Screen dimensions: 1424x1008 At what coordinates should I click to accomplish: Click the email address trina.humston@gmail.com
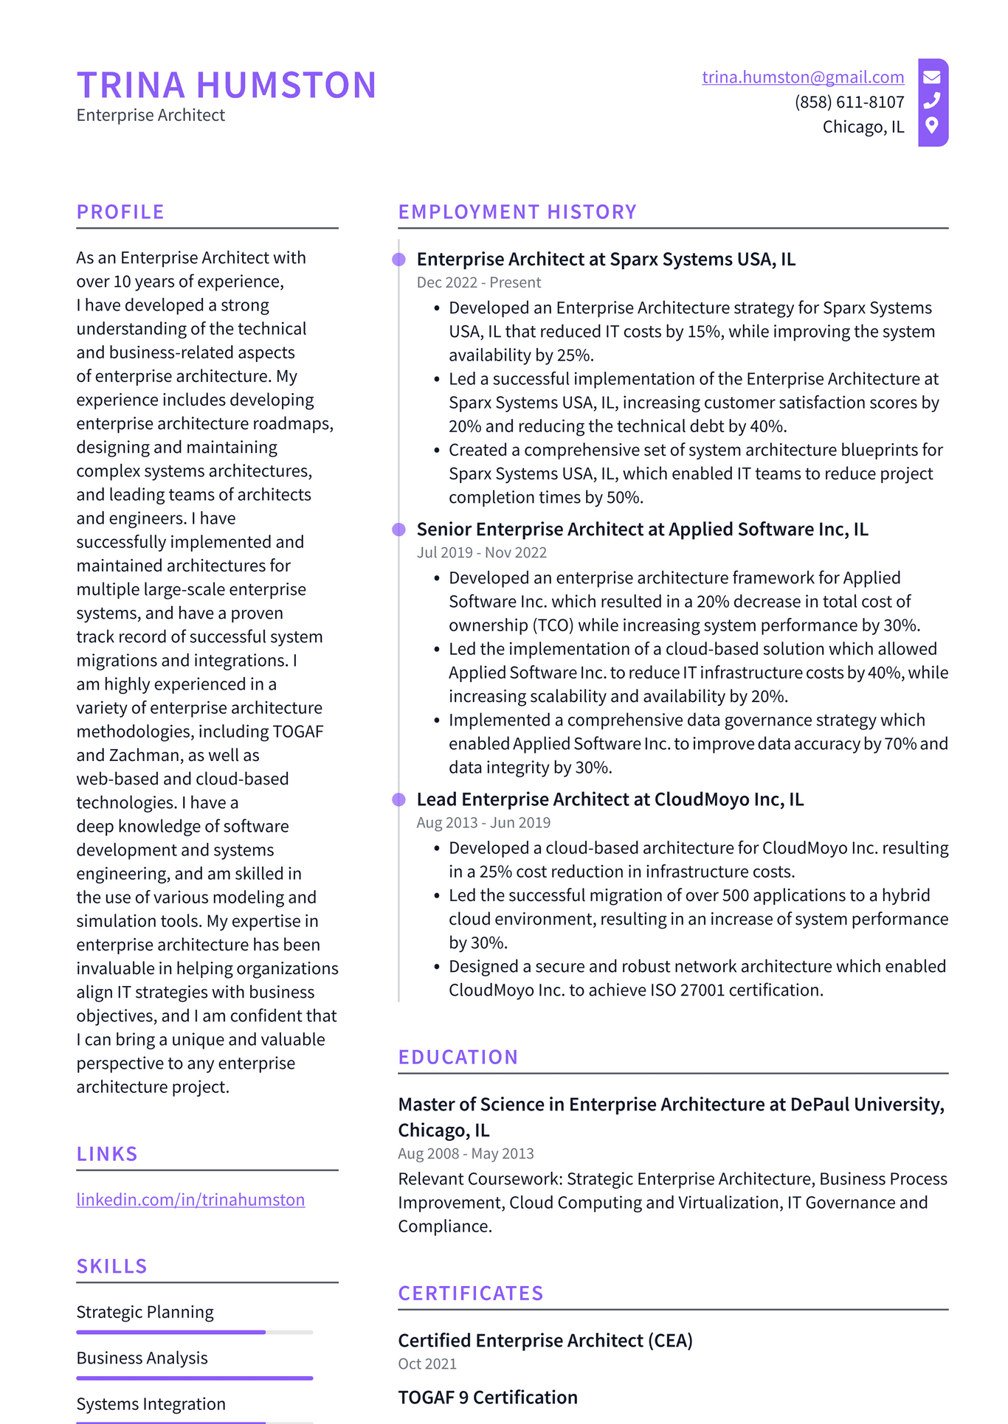pyautogui.click(x=803, y=77)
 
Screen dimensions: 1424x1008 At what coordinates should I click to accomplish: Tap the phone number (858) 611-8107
pyautogui.click(x=849, y=102)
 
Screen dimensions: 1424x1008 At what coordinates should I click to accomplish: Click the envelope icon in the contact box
pyautogui.click(x=932, y=77)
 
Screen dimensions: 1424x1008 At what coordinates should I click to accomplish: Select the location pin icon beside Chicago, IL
pyautogui.click(x=932, y=125)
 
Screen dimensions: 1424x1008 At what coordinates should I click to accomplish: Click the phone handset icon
pyautogui.click(x=932, y=100)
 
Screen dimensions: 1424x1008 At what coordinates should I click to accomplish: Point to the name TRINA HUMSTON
pyautogui.click(x=227, y=85)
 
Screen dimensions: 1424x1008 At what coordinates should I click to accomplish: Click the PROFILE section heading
pyautogui.click(x=120, y=212)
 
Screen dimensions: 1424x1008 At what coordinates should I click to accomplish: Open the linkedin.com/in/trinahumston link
pyautogui.click(x=190, y=1200)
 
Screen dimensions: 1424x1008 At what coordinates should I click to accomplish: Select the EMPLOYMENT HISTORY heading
pyautogui.click(x=517, y=212)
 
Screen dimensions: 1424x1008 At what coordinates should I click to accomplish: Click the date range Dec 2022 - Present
pyautogui.click(x=478, y=282)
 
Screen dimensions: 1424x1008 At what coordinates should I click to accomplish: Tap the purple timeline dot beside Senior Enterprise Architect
pyautogui.click(x=399, y=529)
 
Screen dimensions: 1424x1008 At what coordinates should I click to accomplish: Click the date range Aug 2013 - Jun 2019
pyautogui.click(x=483, y=823)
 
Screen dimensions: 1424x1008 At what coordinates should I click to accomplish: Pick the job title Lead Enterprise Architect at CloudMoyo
pyautogui.click(x=610, y=799)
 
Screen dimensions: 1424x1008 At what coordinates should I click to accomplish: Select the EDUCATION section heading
pyautogui.click(x=458, y=1057)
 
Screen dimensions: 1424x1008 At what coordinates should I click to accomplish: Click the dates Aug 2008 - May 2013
pyautogui.click(x=466, y=1154)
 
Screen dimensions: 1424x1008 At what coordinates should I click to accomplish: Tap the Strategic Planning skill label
pyautogui.click(x=145, y=1313)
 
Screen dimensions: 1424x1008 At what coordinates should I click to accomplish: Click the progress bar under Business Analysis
pyautogui.click(x=194, y=1378)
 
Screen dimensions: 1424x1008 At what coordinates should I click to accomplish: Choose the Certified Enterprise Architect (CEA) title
pyautogui.click(x=545, y=1341)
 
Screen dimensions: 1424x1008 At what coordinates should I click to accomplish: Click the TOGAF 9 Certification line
pyautogui.click(x=488, y=1397)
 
